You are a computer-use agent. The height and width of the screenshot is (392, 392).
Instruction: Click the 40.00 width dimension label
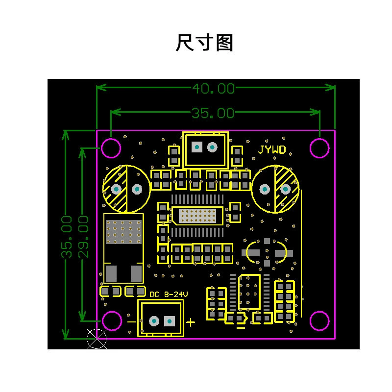click(214, 89)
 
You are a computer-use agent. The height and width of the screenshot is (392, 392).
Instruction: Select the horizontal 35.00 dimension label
click(213, 113)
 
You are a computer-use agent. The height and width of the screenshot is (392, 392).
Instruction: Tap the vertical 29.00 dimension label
click(83, 237)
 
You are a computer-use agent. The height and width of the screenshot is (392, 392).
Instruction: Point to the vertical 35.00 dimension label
click(67, 237)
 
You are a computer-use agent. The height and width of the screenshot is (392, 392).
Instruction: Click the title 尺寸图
click(204, 43)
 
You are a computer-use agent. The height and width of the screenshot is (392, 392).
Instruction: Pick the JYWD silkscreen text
click(272, 150)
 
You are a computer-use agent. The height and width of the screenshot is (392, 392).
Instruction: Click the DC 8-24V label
click(169, 294)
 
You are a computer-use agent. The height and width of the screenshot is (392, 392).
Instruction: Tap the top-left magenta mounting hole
click(111, 148)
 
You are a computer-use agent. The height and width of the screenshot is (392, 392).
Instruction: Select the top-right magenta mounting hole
click(319, 148)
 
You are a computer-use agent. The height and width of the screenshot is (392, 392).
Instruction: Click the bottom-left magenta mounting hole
click(112, 321)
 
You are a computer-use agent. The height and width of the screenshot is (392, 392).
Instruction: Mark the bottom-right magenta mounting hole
click(319, 321)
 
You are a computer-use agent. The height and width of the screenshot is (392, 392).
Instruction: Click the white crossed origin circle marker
click(97, 339)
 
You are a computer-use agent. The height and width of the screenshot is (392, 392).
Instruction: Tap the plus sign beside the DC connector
click(191, 322)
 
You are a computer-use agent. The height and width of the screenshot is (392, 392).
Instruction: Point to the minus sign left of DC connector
click(132, 322)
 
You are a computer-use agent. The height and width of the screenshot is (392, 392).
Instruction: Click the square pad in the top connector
click(197, 147)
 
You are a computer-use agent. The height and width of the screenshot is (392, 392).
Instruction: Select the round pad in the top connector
click(212, 147)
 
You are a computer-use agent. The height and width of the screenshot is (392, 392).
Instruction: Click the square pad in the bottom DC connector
click(170, 321)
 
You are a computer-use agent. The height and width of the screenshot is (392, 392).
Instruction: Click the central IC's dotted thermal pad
click(197, 216)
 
